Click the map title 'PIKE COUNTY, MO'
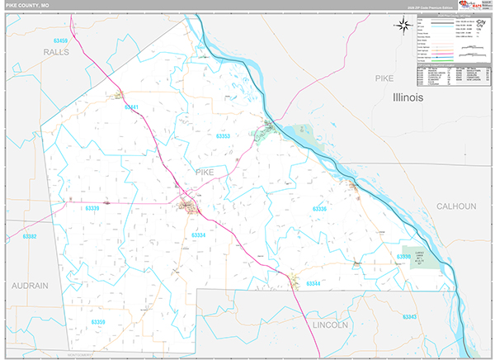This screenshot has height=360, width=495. [28, 6]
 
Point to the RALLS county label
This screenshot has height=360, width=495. [56, 51]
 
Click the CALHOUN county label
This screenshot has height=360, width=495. [456, 206]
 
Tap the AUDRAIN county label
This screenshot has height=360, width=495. [31, 285]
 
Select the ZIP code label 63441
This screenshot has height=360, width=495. [130, 107]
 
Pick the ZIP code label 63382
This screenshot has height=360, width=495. [30, 237]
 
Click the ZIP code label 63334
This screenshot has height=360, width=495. [199, 235]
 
